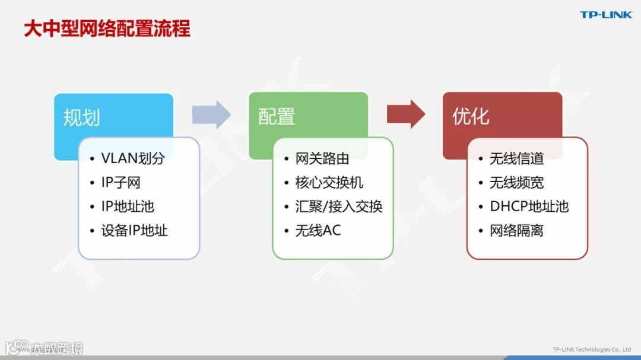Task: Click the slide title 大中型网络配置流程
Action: click(x=107, y=28)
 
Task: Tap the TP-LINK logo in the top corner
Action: click(x=606, y=15)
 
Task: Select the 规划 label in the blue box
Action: click(x=81, y=117)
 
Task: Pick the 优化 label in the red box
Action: click(x=471, y=116)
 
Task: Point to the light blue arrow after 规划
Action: click(x=211, y=114)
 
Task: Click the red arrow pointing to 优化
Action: click(x=406, y=114)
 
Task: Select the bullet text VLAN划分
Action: click(x=133, y=158)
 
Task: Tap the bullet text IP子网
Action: click(x=120, y=183)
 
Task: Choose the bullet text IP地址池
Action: click(x=128, y=206)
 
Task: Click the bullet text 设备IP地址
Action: click(x=135, y=231)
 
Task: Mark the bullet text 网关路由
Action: click(x=322, y=158)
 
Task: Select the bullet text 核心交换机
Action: click(x=329, y=183)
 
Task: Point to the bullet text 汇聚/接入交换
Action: click(x=339, y=206)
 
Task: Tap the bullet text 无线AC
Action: click(x=318, y=231)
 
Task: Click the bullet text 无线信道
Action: click(x=516, y=158)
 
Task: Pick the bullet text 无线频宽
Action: click(x=516, y=183)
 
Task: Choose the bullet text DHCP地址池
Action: click(x=529, y=206)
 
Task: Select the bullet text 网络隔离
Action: click(x=516, y=231)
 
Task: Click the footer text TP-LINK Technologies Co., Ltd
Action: click(x=591, y=349)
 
